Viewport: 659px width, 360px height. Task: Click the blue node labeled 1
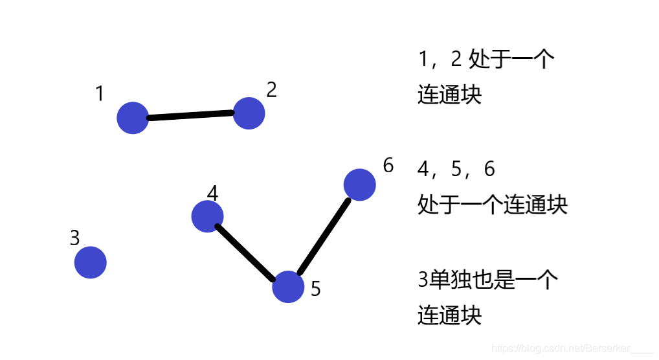pyautogui.click(x=133, y=118)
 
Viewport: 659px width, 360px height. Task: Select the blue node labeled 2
pyautogui.click(x=249, y=113)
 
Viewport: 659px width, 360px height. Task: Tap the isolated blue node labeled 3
pyautogui.click(x=90, y=262)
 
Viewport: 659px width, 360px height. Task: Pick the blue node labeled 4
pyautogui.click(x=207, y=216)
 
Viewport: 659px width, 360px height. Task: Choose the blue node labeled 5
pyautogui.click(x=288, y=287)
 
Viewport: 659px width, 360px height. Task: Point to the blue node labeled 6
pyautogui.click(x=359, y=185)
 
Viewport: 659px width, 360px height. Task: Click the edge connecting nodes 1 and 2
pyautogui.click(x=191, y=116)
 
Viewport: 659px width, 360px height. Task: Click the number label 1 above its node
pyautogui.click(x=99, y=95)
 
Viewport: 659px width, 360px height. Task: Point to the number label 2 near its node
pyautogui.click(x=271, y=90)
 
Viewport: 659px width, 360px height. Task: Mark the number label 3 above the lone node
pyautogui.click(x=74, y=238)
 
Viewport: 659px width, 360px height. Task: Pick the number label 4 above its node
pyautogui.click(x=213, y=193)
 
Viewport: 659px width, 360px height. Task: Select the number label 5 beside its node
pyautogui.click(x=315, y=289)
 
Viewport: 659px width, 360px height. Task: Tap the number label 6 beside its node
pyautogui.click(x=388, y=166)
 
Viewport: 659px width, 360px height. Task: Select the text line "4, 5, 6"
pyautogui.click(x=456, y=170)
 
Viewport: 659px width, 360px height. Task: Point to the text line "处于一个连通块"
pyautogui.click(x=493, y=205)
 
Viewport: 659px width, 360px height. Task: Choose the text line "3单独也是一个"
pyautogui.click(x=488, y=280)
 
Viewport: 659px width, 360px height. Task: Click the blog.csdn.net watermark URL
pyautogui.click(x=572, y=348)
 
